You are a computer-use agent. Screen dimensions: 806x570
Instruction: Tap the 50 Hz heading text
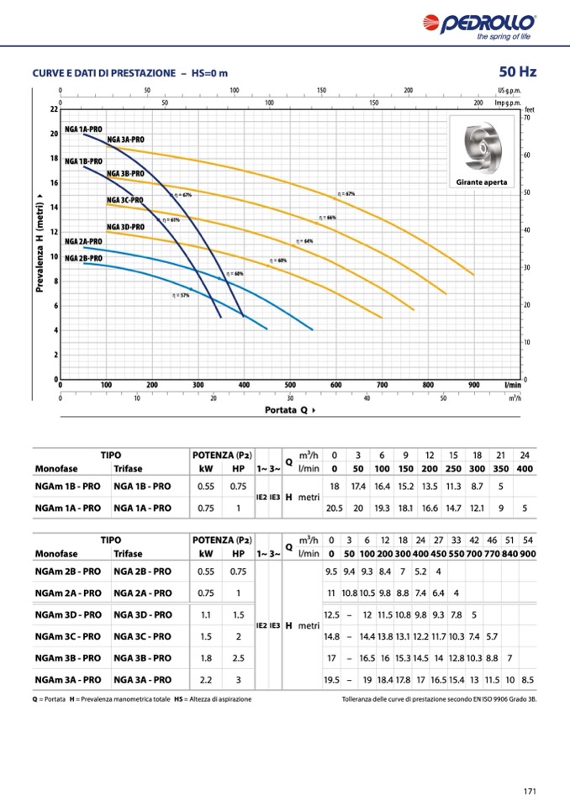click(516, 72)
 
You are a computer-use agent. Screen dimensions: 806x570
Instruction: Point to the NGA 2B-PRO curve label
click(83, 257)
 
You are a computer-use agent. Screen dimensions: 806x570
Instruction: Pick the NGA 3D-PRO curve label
click(125, 227)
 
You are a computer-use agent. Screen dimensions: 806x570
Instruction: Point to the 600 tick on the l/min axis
click(336, 385)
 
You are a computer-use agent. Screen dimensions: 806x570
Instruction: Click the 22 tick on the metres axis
click(53, 109)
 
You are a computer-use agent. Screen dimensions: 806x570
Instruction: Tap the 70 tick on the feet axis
click(526, 119)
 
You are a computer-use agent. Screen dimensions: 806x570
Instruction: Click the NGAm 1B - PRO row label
click(68, 486)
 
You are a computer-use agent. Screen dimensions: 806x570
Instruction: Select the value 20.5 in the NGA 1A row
click(335, 508)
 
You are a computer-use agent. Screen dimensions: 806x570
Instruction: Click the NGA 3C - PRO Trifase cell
click(142, 636)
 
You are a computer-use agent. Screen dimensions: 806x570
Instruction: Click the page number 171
click(529, 790)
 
